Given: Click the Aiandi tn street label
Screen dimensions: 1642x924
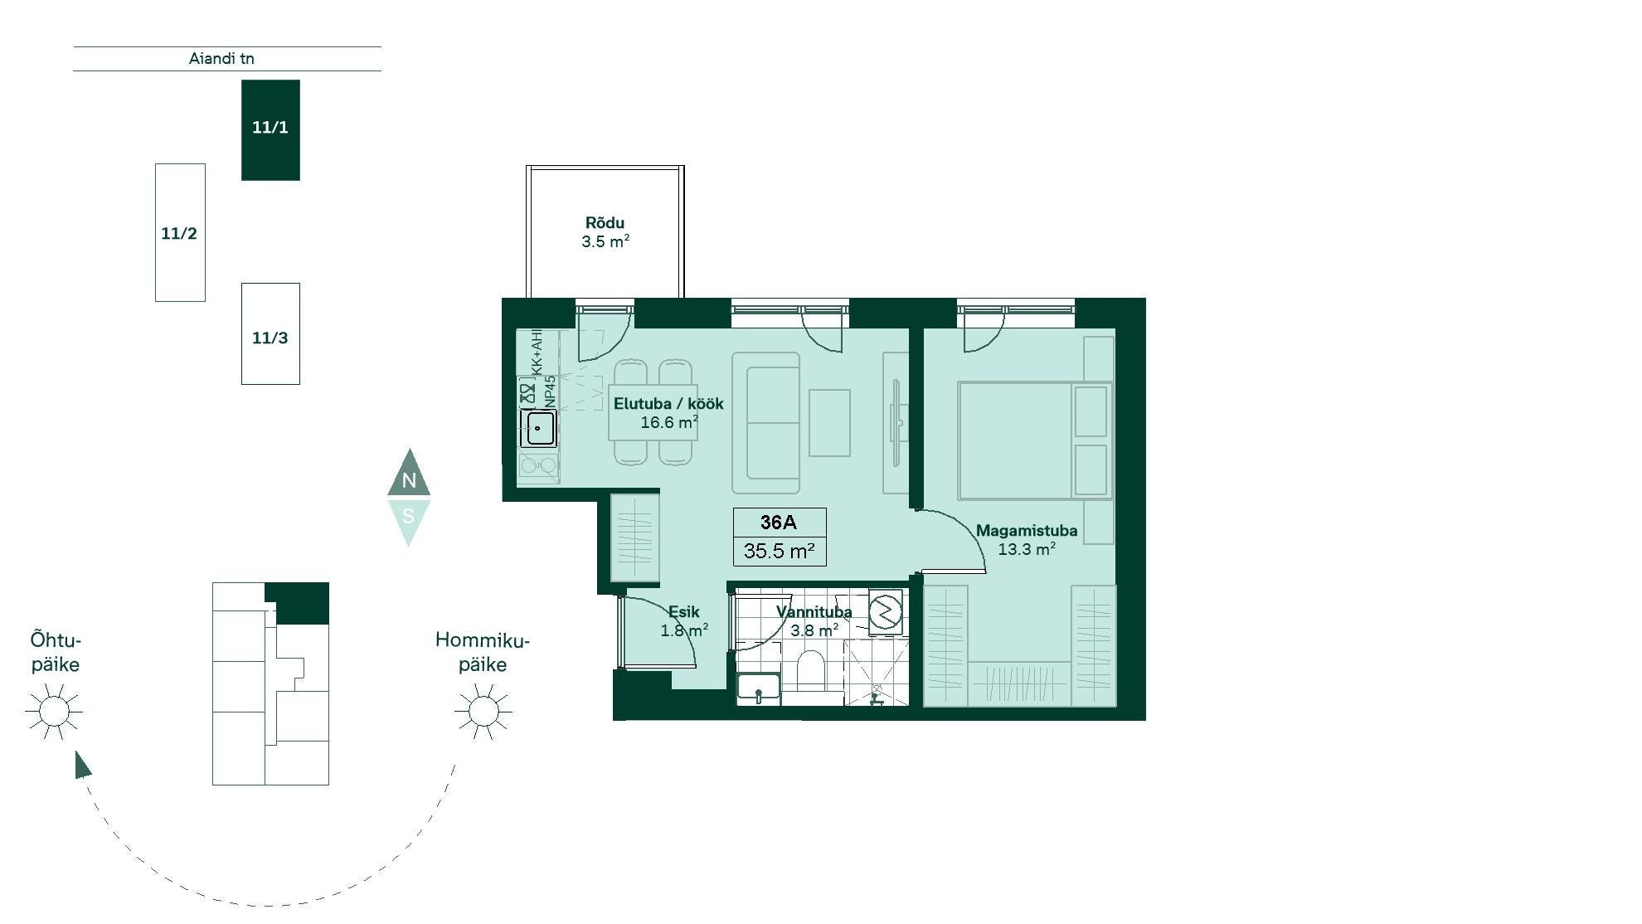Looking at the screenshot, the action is (x=221, y=59).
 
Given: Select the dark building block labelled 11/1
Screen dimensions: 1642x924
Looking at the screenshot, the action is (x=270, y=130).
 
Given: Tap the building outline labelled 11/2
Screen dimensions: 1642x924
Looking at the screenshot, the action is (x=180, y=232).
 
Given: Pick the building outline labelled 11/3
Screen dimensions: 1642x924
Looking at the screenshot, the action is (x=270, y=333).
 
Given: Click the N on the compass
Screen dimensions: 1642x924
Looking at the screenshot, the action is (x=409, y=480).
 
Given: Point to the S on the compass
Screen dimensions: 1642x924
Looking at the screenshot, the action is (x=408, y=516).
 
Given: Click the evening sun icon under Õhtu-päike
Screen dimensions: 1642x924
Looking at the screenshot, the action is (x=54, y=711).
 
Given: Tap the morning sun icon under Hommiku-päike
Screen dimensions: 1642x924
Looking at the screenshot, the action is (x=483, y=711).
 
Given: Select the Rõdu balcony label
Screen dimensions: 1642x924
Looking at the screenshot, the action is (x=605, y=223).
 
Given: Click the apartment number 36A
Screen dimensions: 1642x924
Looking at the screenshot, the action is (x=779, y=522).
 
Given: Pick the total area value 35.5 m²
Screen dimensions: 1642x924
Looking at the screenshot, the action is (x=779, y=551).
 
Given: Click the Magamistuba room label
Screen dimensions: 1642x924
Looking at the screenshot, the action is (x=1027, y=531).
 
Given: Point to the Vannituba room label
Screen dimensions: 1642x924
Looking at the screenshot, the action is (x=814, y=612).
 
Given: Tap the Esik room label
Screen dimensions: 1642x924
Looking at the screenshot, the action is (x=683, y=612).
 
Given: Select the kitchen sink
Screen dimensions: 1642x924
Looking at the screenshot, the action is (x=539, y=429).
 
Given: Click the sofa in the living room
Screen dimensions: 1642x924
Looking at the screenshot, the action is (x=766, y=423).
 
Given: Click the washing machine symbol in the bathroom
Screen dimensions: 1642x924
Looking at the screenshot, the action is (x=885, y=611).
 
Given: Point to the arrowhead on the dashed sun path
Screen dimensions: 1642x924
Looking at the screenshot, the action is (x=82, y=765).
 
